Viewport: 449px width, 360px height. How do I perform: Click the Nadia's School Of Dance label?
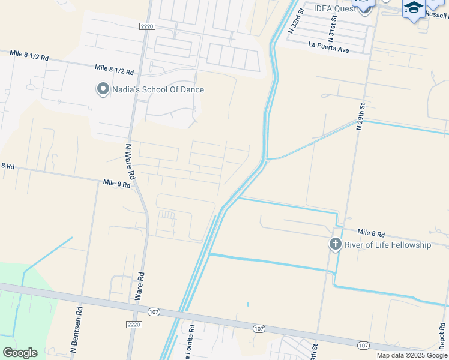point(158,89)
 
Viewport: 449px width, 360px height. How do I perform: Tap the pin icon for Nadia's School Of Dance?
point(103,89)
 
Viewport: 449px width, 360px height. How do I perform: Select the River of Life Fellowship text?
point(388,245)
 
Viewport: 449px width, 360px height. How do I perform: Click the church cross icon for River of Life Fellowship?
point(335,244)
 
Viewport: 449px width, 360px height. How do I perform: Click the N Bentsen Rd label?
point(76,329)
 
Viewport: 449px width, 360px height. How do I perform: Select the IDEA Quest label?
point(336,9)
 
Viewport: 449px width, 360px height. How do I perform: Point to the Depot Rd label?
point(441,336)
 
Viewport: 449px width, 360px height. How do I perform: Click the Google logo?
point(20,353)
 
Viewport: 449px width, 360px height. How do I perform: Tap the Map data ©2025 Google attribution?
point(412,355)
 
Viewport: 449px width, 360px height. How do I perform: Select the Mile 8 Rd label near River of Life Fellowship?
point(371,232)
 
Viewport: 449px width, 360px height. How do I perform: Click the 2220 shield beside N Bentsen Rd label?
point(134,324)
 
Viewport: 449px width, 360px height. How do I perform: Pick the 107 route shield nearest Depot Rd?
point(363,345)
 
